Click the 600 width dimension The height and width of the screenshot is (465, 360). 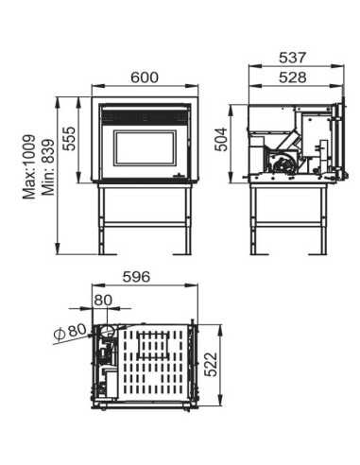coord(145,77)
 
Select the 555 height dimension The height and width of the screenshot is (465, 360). coord(69,139)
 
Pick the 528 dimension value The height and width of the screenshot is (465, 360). coord(293,77)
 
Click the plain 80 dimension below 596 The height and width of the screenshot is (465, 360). coord(103,301)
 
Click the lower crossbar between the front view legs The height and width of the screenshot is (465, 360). coord(146,224)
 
